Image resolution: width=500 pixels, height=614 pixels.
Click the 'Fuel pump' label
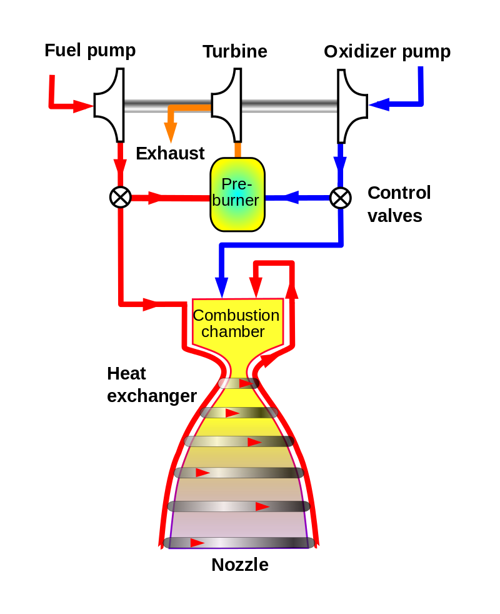click(90, 51)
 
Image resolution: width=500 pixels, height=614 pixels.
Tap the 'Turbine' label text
click(235, 52)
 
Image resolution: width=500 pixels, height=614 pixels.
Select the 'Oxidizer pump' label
click(387, 52)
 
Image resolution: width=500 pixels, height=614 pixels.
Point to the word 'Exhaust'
click(170, 154)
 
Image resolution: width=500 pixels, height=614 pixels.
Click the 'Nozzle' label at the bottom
click(240, 565)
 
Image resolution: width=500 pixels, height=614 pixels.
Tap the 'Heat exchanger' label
click(152, 385)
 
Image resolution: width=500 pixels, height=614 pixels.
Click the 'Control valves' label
click(399, 204)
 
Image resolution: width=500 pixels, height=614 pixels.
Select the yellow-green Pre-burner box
click(237, 194)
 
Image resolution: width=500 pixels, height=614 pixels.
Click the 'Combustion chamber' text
click(236, 323)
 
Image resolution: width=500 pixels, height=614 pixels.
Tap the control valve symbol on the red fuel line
click(121, 197)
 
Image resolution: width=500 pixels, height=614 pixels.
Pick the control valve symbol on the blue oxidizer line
click(341, 198)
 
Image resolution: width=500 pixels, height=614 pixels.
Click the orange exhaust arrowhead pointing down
click(171, 133)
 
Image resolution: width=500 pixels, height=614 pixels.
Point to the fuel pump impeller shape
click(109, 105)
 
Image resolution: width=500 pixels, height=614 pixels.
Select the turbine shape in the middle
click(226, 105)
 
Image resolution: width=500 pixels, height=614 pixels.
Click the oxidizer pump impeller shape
click(352, 106)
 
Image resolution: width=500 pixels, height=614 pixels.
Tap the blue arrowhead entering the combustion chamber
click(222, 288)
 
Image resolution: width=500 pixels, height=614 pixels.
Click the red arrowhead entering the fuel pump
click(83, 106)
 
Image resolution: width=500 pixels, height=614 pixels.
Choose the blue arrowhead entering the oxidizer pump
click(379, 104)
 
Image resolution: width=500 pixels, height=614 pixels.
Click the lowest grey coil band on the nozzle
click(239, 543)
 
